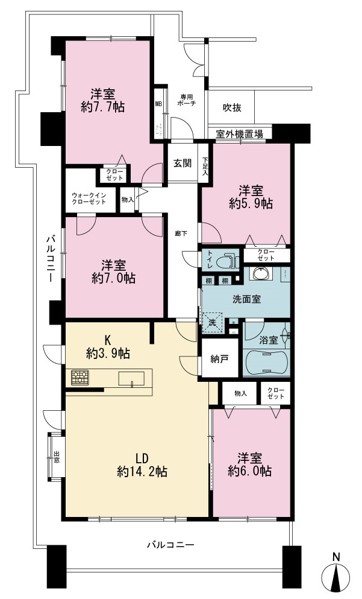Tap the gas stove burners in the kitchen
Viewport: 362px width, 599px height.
click(80, 378)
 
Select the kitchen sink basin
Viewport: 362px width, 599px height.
click(131, 378)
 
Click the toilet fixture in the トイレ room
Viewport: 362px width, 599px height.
click(227, 261)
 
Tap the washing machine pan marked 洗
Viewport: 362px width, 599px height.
click(212, 322)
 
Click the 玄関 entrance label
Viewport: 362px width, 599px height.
click(183, 163)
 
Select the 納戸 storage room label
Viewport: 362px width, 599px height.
click(219, 359)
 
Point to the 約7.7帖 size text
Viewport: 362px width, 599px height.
click(102, 107)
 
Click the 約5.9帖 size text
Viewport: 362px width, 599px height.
click(251, 204)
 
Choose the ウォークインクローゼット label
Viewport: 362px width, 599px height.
click(89, 198)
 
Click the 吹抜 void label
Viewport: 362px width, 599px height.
click(232, 108)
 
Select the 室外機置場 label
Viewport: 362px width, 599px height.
click(239, 134)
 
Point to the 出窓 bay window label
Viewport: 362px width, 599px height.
click(57, 457)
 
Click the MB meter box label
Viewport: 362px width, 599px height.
click(158, 103)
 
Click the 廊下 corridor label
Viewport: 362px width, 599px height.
click(181, 233)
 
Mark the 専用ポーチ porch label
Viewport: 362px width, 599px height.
click(187, 100)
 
